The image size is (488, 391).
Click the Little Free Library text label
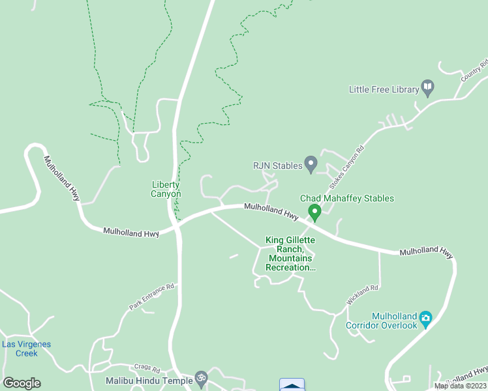coord(383,89)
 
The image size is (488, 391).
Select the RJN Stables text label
coord(277,166)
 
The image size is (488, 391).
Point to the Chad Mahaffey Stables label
coord(346,198)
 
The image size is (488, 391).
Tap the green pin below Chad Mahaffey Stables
coord(314,212)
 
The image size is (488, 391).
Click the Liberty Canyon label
coord(166,189)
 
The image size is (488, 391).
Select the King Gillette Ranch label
coord(290,253)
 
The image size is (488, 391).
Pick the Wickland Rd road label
coord(363,297)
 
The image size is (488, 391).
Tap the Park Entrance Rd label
coord(153,295)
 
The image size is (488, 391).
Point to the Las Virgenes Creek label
coord(27,349)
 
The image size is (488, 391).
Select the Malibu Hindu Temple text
coord(149,380)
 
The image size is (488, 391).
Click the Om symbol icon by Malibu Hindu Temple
coord(202,379)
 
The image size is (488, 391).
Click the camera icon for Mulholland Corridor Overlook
coord(426,319)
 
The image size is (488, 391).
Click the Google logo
coord(22,383)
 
